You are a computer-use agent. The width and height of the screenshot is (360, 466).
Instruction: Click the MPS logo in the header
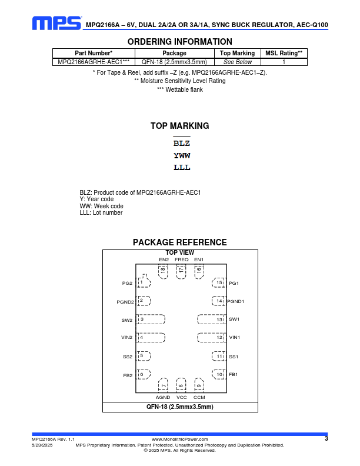[x=56, y=23]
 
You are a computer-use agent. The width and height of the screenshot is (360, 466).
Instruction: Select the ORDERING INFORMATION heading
[x=180, y=42]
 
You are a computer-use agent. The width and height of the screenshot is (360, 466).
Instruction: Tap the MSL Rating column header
[x=284, y=53]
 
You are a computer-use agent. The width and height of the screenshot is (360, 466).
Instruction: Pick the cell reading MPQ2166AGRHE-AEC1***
[x=94, y=61]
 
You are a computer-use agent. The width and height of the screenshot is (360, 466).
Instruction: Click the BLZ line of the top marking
[x=182, y=143]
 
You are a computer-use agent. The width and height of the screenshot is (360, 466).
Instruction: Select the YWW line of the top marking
[x=182, y=156]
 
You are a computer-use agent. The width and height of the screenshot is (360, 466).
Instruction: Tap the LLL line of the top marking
[x=182, y=168]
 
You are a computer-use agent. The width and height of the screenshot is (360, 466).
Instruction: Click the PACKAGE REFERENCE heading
[x=180, y=242]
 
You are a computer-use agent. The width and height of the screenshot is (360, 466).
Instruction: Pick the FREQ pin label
[x=181, y=259]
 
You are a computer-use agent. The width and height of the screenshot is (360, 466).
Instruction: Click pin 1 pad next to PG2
[x=143, y=282]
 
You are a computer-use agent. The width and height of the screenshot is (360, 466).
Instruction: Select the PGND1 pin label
[x=236, y=301]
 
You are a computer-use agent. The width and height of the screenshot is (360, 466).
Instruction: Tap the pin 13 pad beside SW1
[x=211, y=319]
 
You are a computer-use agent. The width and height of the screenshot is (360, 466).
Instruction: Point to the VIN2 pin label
[x=127, y=338]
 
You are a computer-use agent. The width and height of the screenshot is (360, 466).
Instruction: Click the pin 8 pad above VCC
[x=181, y=385]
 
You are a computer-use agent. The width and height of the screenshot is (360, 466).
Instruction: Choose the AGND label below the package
[x=163, y=398]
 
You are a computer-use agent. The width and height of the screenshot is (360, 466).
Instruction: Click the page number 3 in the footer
[x=326, y=439]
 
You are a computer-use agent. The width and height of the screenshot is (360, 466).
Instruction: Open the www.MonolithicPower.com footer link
[x=180, y=440]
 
